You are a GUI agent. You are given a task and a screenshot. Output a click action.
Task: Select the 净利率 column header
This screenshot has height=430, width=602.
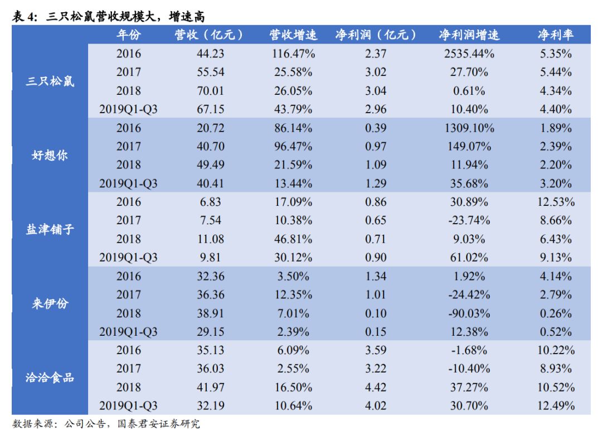point(555,35)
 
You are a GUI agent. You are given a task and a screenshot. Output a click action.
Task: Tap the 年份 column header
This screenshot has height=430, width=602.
point(128,35)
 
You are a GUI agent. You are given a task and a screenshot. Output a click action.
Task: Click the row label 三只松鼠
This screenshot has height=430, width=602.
point(50,81)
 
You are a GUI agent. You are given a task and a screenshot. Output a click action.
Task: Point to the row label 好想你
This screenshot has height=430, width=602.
point(50,156)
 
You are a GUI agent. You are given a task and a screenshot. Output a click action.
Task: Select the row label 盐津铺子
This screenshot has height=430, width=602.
point(50,230)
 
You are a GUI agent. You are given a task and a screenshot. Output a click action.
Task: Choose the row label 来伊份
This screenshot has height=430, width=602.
point(50,304)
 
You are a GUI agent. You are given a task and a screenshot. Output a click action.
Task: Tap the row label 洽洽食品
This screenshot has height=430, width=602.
point(50,378)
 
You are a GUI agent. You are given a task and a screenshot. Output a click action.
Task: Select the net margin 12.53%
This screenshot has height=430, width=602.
point(555,202)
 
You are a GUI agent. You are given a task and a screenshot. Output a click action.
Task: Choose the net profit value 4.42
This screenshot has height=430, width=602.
point(375,387)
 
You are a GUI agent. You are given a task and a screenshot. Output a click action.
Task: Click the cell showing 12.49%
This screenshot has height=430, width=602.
point(555,405)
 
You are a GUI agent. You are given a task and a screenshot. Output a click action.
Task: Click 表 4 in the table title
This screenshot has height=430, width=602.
point(23,16)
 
